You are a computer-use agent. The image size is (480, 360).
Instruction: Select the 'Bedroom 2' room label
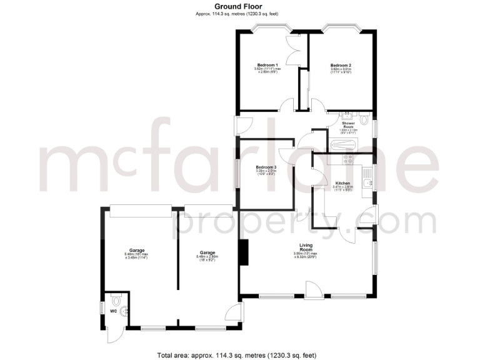click(341, 65)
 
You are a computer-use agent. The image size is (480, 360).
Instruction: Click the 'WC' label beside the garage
click(114, 311)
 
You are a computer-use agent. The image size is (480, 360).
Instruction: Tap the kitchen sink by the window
click(369, 176)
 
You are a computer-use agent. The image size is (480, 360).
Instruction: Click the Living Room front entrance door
click(311, 289)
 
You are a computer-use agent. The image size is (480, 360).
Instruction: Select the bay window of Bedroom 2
click(341, 28)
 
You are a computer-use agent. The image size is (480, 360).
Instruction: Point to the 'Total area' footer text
click(237, 354)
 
